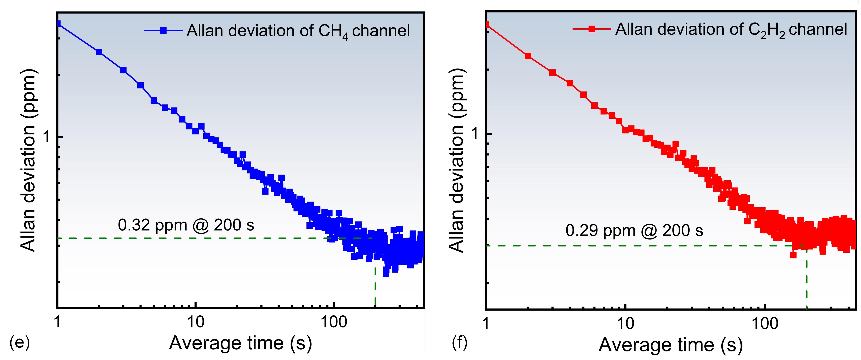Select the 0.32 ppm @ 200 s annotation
[186, 225]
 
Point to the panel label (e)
[20, 343]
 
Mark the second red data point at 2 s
[528, 56]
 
